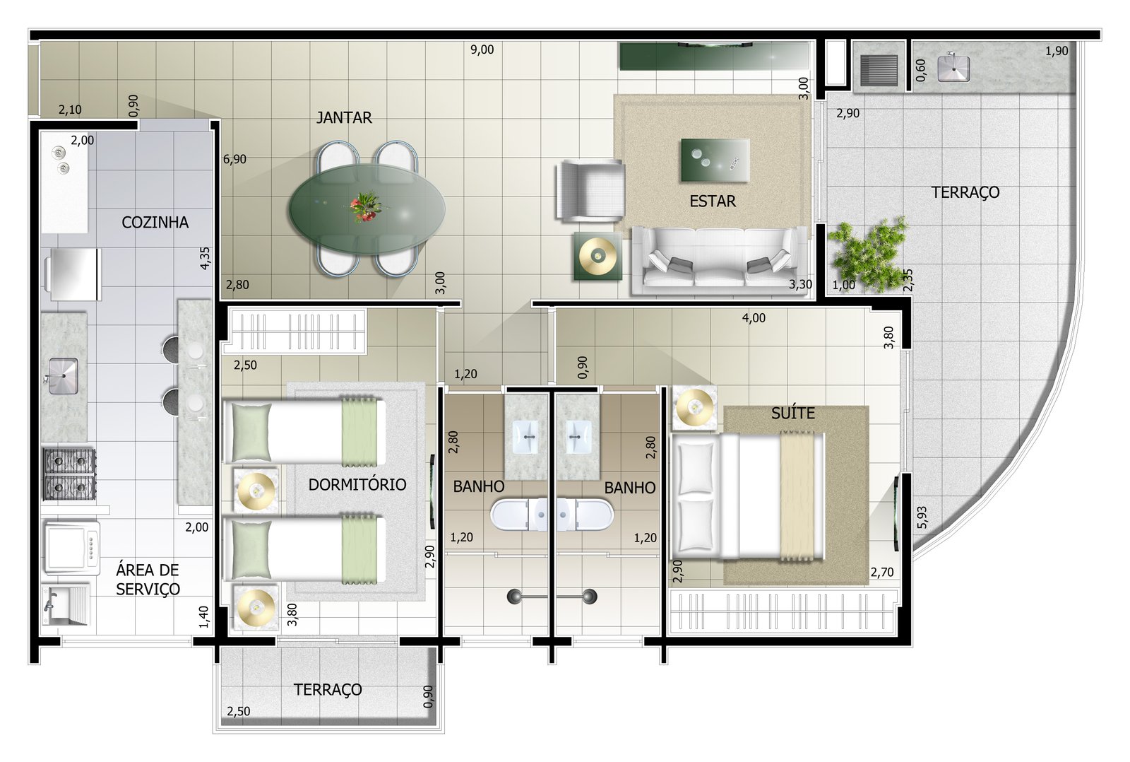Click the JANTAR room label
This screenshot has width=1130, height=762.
343,117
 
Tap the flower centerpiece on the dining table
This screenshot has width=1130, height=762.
367,206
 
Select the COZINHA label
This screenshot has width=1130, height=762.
155,222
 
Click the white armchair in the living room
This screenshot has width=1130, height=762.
589,190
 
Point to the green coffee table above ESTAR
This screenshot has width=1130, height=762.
715,160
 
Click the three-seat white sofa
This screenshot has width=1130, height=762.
720,261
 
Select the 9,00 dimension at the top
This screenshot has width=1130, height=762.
482,49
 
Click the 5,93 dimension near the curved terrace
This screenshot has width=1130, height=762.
922,517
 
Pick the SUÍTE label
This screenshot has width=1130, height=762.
792,414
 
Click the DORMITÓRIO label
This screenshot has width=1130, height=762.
357,485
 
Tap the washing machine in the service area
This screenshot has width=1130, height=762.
71,548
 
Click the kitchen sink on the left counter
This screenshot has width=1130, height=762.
64,375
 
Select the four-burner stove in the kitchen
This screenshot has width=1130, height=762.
70,474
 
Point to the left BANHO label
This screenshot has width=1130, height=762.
478,487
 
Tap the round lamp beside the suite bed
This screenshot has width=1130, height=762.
694,407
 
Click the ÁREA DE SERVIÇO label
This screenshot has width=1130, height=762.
148,580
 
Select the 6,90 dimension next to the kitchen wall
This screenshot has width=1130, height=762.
234,160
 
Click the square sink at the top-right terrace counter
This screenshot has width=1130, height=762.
953,68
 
